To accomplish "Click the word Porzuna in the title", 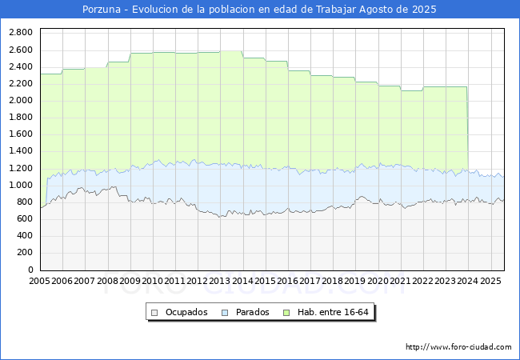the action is pos(102,10).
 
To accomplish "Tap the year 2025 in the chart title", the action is pos(424,10).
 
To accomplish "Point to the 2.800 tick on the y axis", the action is pos(21,33).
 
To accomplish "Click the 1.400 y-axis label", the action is pos(21,151).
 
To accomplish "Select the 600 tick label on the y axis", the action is pos(26,218).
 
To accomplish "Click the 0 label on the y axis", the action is pos(30,270).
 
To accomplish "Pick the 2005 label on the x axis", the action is pos(39,281).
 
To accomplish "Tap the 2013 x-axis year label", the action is pos(219,281).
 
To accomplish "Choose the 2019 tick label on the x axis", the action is pos(355,281).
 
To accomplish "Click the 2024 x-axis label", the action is pos(468,281).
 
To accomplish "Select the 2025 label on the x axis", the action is pos(490,281).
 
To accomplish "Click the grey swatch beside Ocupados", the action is pos(154,313).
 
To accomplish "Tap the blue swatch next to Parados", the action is pos(225,313).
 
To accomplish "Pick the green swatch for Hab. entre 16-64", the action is pos(286,313).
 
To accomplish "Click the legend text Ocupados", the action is pos(186,312).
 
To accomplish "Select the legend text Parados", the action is pos(252,312).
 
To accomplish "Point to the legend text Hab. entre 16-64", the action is pos(333,312).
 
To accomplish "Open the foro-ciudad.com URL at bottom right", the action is pos(458,347).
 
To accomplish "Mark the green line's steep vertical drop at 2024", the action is pos(468,129).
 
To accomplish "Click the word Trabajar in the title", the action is pos(336,10).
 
